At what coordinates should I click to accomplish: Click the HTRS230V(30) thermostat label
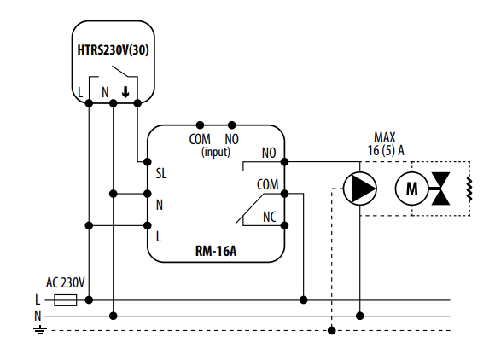point(113,50)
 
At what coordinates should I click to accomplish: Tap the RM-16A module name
point(216,251)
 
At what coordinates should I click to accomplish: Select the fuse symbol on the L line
point(66,300)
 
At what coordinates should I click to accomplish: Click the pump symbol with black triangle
point(360,189)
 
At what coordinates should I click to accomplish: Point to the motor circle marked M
point(411,189)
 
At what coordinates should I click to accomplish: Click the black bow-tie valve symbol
point(440,189)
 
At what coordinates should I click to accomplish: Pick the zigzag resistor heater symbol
point(469,189)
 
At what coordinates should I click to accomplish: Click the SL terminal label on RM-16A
point(161,173)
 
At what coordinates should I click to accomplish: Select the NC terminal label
point(270,217)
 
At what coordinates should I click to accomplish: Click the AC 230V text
point(66,282)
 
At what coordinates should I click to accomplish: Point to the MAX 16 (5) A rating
point(386,144)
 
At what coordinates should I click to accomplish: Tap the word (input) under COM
point(216,152)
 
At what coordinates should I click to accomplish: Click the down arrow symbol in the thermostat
point(125,92)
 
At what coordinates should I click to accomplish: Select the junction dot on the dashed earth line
point(332,331)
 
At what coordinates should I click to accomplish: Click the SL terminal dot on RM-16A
point(148,162)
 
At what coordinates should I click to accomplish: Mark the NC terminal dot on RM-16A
point(284,225)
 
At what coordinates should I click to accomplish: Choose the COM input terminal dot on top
point(200,125)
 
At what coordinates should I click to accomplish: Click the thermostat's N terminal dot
point(114,103)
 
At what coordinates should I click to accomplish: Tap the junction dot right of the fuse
point(89,299)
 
